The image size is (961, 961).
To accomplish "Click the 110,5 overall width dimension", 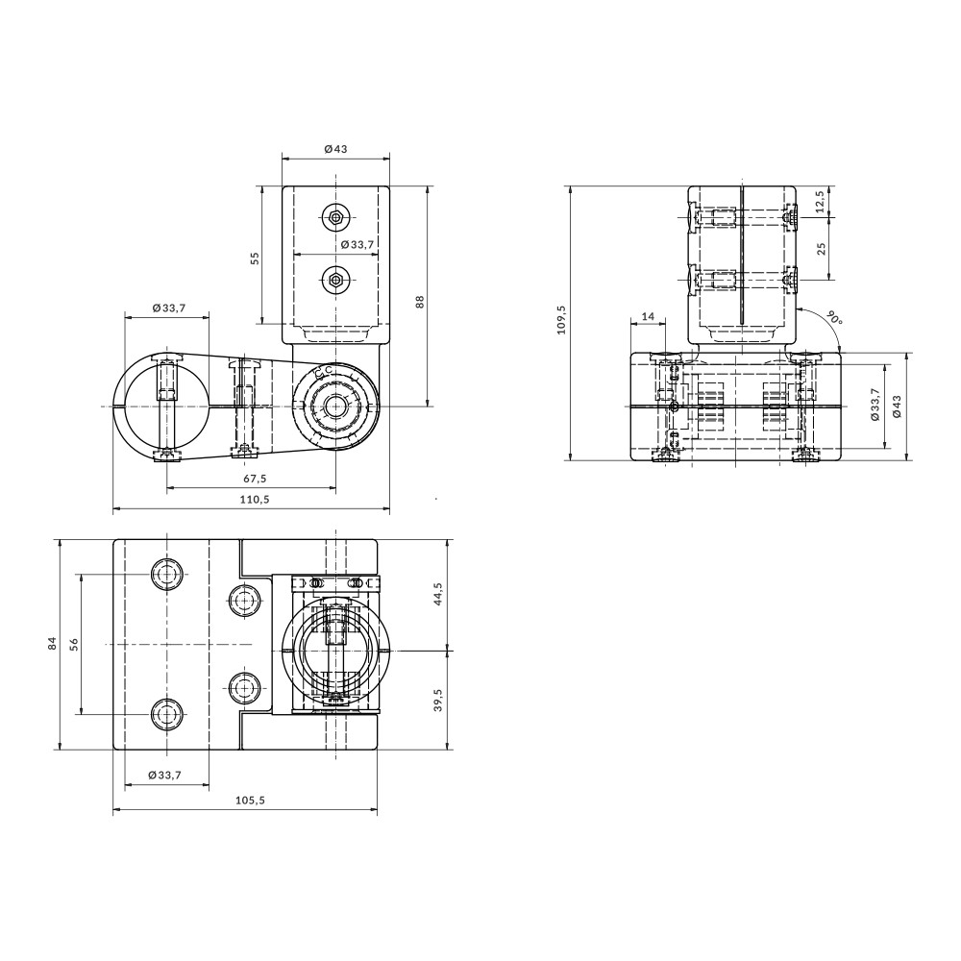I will (x=252, y=499).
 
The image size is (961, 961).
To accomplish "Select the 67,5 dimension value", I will (x=252, y=478).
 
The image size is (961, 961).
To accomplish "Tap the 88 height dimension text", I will (x=420, y=301).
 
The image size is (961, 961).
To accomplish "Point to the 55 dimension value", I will (x=255, y=258).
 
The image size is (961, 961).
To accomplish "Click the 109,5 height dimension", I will (x=562, y=320).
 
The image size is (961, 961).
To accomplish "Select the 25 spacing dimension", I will (x=820, y=248).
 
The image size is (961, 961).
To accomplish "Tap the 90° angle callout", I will (x=832, y=317).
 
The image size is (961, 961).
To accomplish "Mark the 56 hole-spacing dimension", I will (x=73, y=643).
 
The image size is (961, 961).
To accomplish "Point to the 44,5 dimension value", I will (x=438, y=594).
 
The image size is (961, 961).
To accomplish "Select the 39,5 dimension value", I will (x=438, y=699).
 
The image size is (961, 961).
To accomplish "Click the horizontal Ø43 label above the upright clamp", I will (x=334, y=149).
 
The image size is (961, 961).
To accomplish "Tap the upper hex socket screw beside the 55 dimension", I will (x=334, y=217).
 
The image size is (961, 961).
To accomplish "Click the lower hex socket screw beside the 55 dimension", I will (x=334, y=281).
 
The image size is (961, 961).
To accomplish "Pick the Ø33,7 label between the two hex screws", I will (x=357, y=245).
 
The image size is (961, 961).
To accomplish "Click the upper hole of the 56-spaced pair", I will (x=168, y=575).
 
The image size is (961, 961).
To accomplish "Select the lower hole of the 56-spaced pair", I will (x=168, y=713).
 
